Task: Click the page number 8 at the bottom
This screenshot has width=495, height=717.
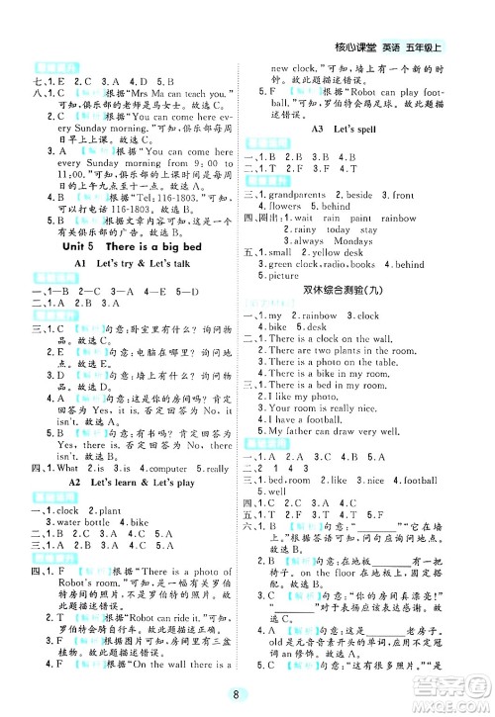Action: [x=247, y=694]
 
